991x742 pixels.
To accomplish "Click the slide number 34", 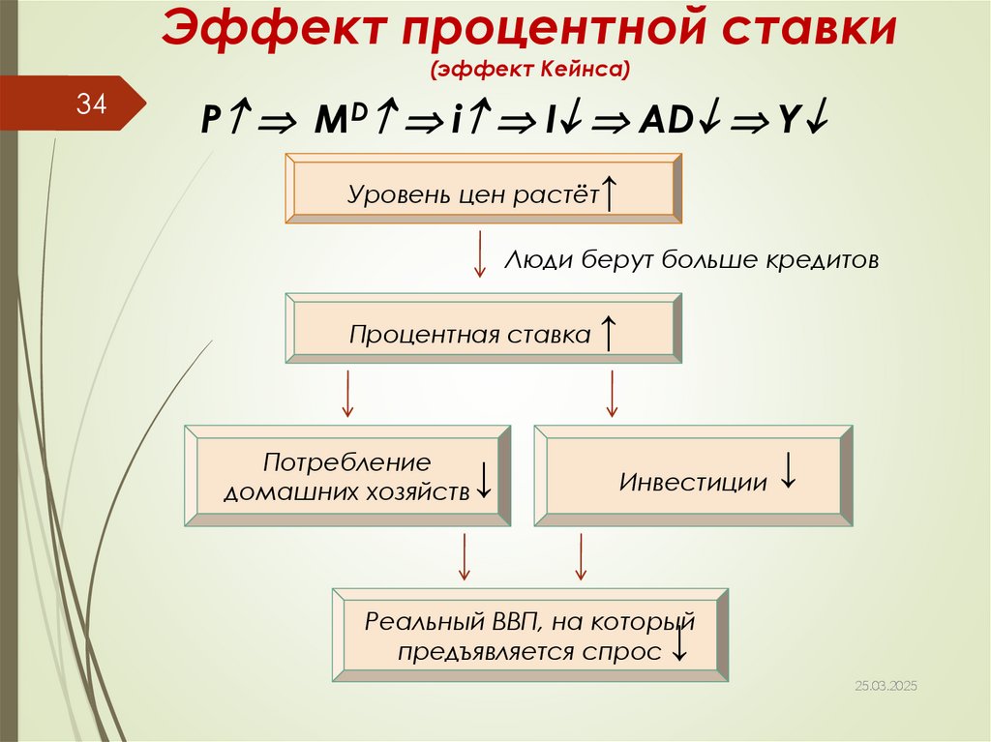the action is pyautogui.click(x=92, y=104).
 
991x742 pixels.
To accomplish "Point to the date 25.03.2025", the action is pyautogui.click(x=886, y=685).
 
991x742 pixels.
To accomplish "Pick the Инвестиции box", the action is pyautogui.click(x=693, y=475).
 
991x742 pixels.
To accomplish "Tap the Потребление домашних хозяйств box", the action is pyautogui.click(x=347, y=475).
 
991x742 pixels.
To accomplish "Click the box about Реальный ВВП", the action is pyautogui.click(x=529, y=635).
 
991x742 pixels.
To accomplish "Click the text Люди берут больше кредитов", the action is pyautogui.click(x=691, y=260).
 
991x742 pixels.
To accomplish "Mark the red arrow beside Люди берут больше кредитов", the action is pyautogui.click(x=479, y=254).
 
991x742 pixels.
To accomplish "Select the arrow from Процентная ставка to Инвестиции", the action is pyautogui.click(x=611, y=393).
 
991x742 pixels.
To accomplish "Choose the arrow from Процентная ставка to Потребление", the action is pyautogui.click(x=347, y=393).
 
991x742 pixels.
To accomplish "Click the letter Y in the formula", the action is pyautogui.click(x=790, y=121).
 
